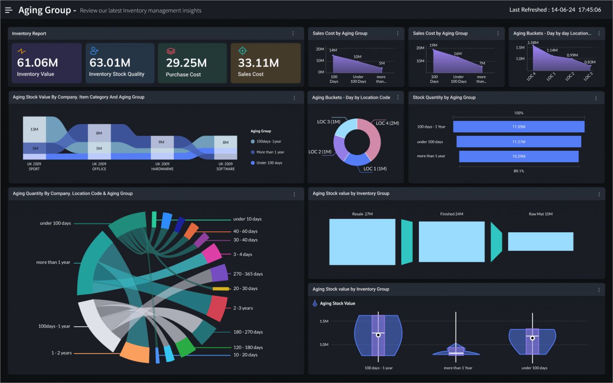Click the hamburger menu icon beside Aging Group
pos(9,10)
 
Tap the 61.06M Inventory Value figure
pos(38,63)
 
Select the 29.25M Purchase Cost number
pos(186,63)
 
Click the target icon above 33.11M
pos(242,51)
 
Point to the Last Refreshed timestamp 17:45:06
pos(589,10)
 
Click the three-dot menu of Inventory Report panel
pos(293,33)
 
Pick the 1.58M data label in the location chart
pos(533,42)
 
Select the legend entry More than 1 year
pos(270,152)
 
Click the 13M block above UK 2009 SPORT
pos(34,130)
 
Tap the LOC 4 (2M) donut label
pos(387,123)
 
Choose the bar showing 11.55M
pos(518,127)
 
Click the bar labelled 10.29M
pos(518,156)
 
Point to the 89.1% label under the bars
pos(518,171)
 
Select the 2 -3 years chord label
pos(243,308)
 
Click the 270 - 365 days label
pos(248,274)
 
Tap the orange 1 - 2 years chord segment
pos(136,352)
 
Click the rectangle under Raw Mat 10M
pos(540,242)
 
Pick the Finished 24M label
pos(451,214)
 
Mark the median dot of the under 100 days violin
pos(532,338)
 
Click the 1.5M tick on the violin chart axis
pos(324,321)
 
